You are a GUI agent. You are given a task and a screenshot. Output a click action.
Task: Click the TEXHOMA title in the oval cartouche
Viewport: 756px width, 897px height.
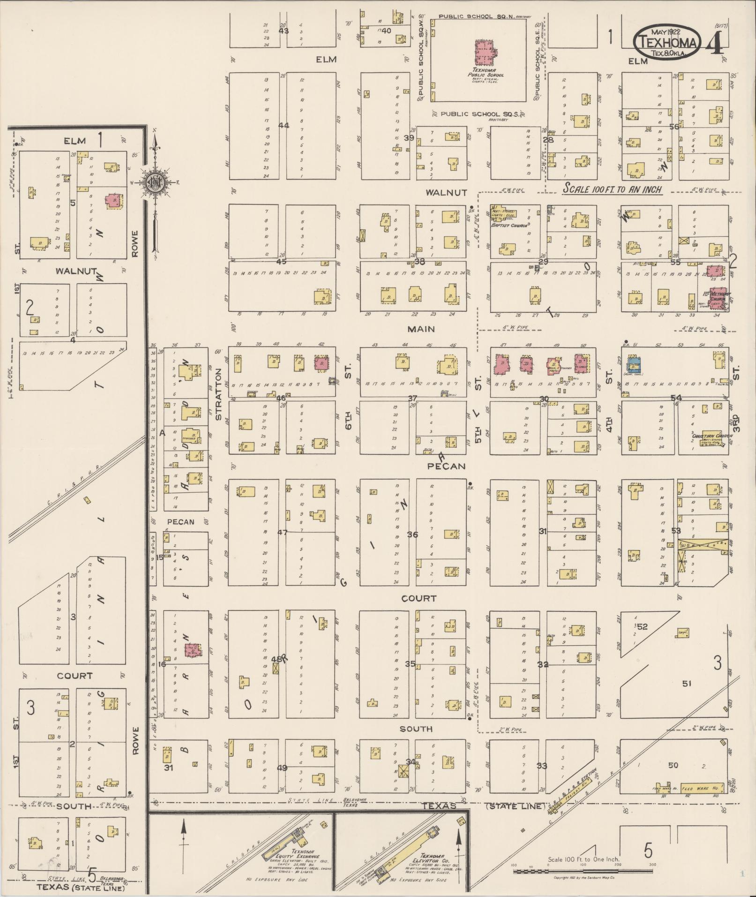667,43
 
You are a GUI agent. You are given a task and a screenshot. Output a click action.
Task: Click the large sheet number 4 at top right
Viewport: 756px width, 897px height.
716,42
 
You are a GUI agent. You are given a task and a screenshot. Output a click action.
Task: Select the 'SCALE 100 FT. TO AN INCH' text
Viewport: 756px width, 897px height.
612,189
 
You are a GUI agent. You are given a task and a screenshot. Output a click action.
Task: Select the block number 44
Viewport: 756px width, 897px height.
284,125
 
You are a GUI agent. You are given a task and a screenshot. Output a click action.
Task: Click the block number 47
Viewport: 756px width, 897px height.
282,532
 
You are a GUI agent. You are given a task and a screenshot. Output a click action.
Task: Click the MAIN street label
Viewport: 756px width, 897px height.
420,329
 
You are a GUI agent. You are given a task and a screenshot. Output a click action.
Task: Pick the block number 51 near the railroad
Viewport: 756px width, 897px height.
686,684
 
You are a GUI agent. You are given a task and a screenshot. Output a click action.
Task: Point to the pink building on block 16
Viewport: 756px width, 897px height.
193,650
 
